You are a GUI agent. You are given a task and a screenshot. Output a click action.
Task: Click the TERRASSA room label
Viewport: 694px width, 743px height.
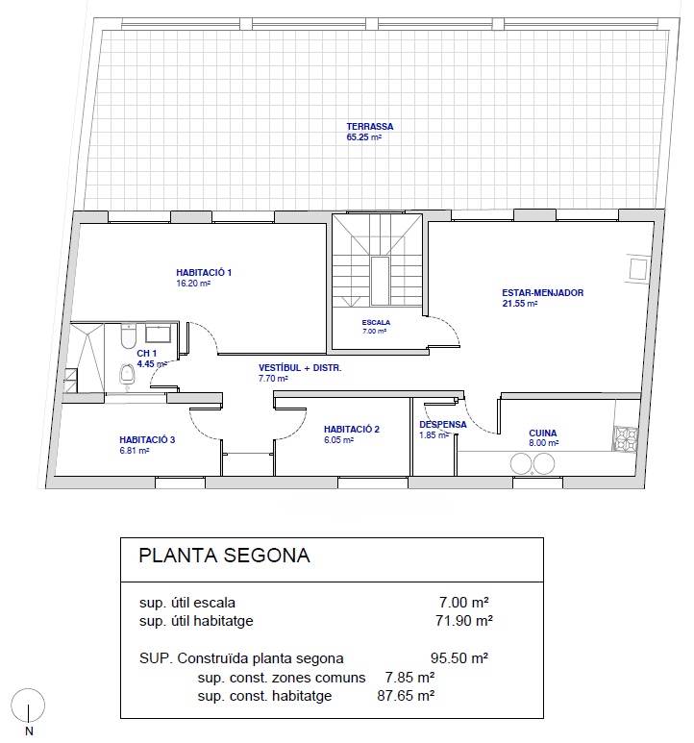369,127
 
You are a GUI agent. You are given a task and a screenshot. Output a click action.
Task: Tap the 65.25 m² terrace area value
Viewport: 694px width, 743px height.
363,137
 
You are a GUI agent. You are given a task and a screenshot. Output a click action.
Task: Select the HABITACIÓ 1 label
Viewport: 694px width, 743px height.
204,272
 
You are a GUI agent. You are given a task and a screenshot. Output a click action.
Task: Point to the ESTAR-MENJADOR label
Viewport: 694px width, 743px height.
542,293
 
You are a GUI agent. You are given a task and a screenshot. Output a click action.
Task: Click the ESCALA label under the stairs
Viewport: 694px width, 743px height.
376,322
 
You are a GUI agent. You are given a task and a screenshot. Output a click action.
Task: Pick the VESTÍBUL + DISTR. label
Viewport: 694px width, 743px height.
300,368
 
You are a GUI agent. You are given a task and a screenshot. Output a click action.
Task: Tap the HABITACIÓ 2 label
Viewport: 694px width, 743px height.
352,430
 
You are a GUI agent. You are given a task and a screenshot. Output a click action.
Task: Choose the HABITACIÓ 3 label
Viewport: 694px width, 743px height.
147,439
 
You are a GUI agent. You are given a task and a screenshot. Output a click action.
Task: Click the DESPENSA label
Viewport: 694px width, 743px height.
443,425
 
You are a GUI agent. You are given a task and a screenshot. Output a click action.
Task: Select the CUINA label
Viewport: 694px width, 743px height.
543,433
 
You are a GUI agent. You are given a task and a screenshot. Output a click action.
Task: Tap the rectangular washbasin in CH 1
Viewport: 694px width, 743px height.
159,334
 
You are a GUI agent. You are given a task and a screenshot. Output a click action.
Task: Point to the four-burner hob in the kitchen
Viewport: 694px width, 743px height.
626,439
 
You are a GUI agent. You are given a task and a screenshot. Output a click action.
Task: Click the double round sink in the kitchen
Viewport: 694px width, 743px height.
533,464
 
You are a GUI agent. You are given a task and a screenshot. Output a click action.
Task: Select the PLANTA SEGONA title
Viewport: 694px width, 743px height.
224,556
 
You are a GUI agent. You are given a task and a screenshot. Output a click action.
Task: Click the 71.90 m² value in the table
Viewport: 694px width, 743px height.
463,621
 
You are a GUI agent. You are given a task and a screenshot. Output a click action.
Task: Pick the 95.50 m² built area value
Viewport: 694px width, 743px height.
459,658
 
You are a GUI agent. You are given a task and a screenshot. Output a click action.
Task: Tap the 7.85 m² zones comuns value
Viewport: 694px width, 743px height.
409,678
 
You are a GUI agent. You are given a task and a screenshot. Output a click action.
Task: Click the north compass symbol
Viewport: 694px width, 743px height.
28,706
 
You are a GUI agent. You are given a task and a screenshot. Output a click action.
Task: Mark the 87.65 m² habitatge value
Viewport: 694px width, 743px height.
406,696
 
